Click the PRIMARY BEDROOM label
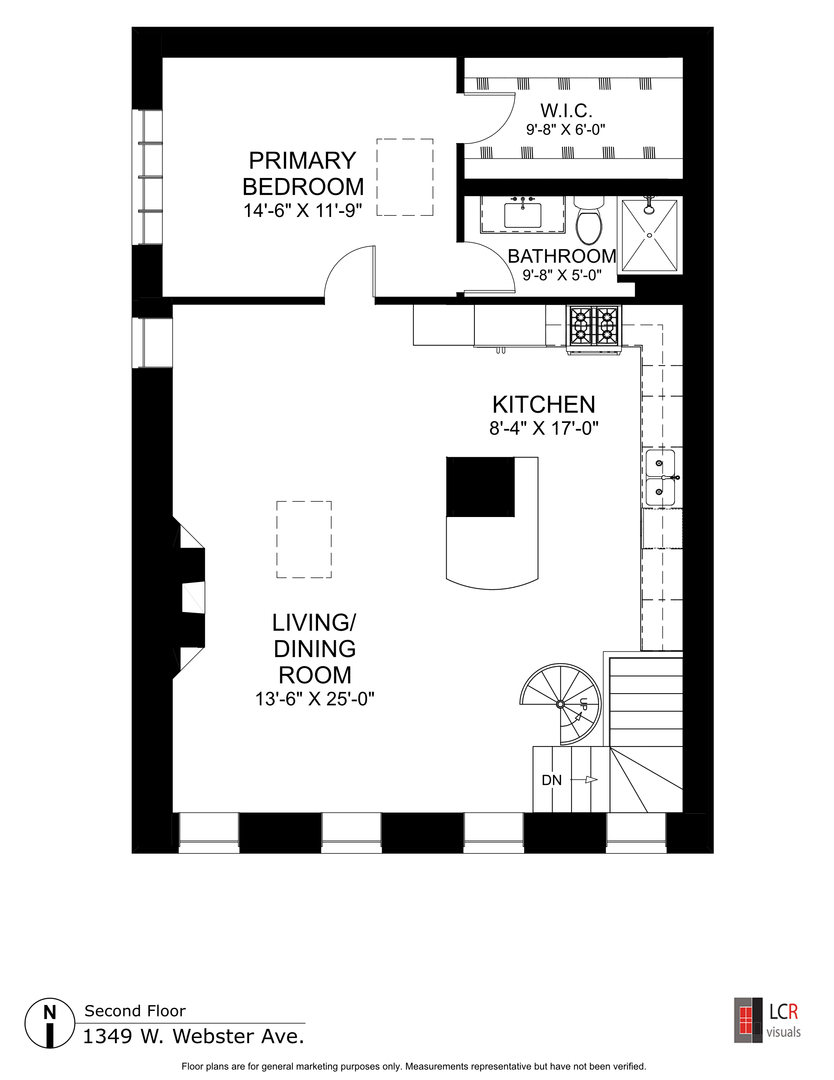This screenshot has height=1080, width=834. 303,173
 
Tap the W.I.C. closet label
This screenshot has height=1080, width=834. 567,110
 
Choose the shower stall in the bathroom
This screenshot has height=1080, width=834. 650,234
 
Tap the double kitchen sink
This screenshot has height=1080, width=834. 661,477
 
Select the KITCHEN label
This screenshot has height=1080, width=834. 543,405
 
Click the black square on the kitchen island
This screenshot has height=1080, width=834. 479,486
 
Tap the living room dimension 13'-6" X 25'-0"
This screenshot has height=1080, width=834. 314,699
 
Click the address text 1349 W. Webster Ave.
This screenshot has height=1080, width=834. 193,1035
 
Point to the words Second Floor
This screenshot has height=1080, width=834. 134,1011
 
